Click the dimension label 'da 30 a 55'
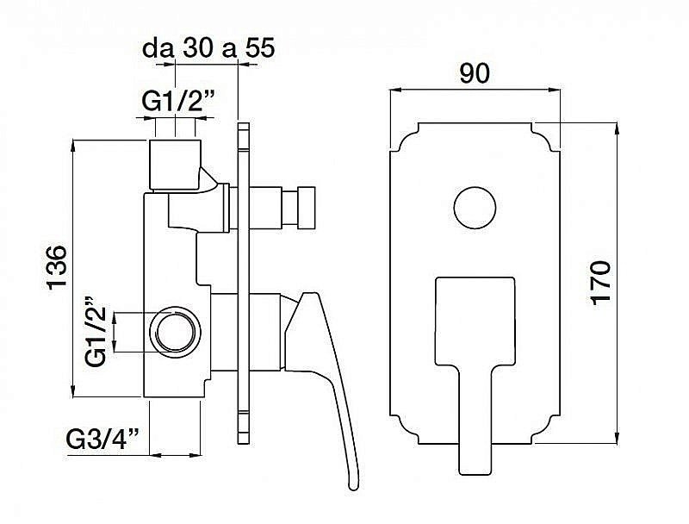tap(208, 48)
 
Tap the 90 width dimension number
tap(475, 73)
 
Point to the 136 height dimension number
tap(57, 267)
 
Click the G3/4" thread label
tap(102, 439)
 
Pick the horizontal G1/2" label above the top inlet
tap(178, 103)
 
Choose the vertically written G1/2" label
tap(96, 332)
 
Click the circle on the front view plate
tap(475, 208)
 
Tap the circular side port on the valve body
tap(175, 332)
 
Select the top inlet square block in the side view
tap(176, 165)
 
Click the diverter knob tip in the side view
tap(307, 208)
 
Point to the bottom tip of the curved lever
tap(354, 487)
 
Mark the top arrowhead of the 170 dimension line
tap(618, 128)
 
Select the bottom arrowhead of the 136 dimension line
tap(73, 391)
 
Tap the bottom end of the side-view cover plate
tap(244, 443)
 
